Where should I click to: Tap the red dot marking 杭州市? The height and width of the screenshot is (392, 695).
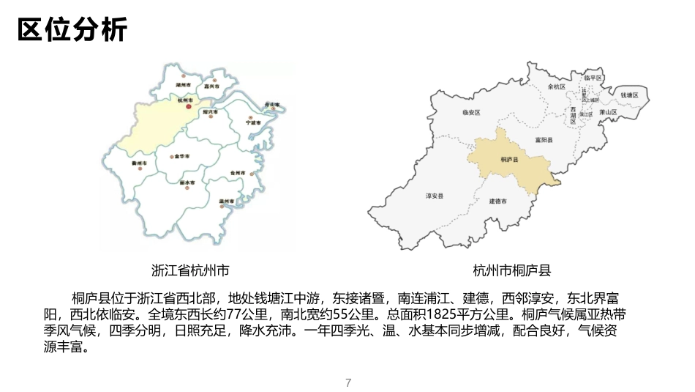pyautogui.click(x=188, y=107)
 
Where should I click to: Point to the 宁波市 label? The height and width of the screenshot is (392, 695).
pyautogui.click(x=253, y=122)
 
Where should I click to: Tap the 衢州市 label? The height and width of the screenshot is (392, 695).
pyautogui.click(x=139, y=163)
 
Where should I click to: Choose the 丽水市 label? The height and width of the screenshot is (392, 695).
pyautogui.click(x=187, y=182)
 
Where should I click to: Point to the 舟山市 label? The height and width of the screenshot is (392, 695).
pyautogui.click(x=271, y=106)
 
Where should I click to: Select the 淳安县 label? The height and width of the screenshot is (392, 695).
pyautogui.click(x=435, y=196)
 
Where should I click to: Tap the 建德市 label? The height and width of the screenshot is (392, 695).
pyautogui.click(x=498, y=201)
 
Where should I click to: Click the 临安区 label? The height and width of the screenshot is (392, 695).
pyautogui.click(x=471, y=113)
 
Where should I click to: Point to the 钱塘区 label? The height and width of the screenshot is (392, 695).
pyautogui.click(x=629, y=95)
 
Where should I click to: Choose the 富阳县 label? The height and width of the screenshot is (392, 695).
pyautogui.click(x=543, y=139)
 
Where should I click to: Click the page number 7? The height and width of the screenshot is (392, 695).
pyautogui.click(x=348, y=382)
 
